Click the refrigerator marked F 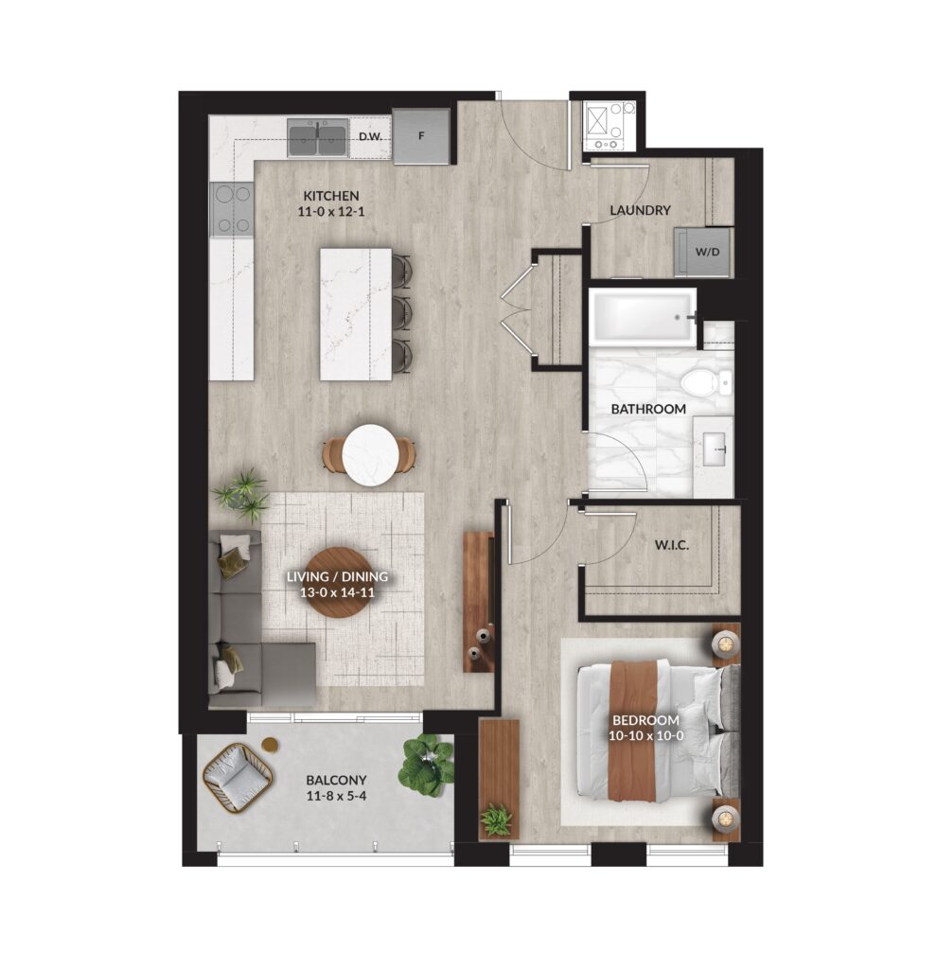pos(421,136)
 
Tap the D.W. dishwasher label pos(370,136)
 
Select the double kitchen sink pos(317,138)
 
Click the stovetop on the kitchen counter pos(233,210)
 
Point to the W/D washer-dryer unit pos(704,252)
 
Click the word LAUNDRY pos(640,210)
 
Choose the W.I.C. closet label pos(672,546)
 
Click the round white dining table pos(370,454)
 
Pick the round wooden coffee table pos(338,582)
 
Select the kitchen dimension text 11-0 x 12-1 pos(331,212)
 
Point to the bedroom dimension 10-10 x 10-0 pos(645,736)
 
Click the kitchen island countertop pos(355,314)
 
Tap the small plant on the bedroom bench pos(496,819)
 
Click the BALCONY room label pos(336,780)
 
